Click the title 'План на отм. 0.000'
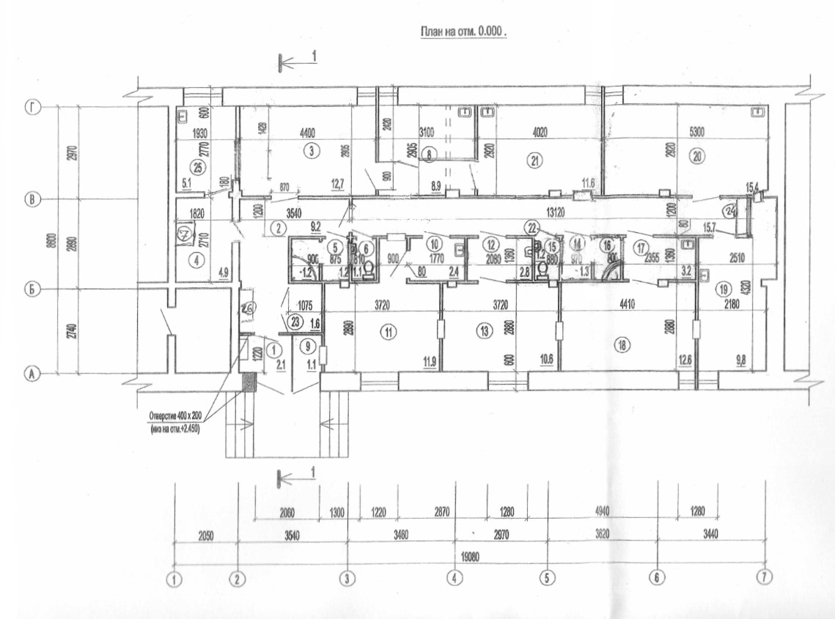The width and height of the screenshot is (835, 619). click(463, 33)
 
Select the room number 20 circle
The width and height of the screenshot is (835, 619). click(696, 155)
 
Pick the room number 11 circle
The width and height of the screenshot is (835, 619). click(389, 332)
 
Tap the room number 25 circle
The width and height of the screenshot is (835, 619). click(194, 163)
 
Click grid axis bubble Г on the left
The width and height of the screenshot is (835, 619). click(32, 108)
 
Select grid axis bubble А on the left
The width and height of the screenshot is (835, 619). click(32, 374)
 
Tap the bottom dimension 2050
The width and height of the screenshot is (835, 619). click(205, 535)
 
